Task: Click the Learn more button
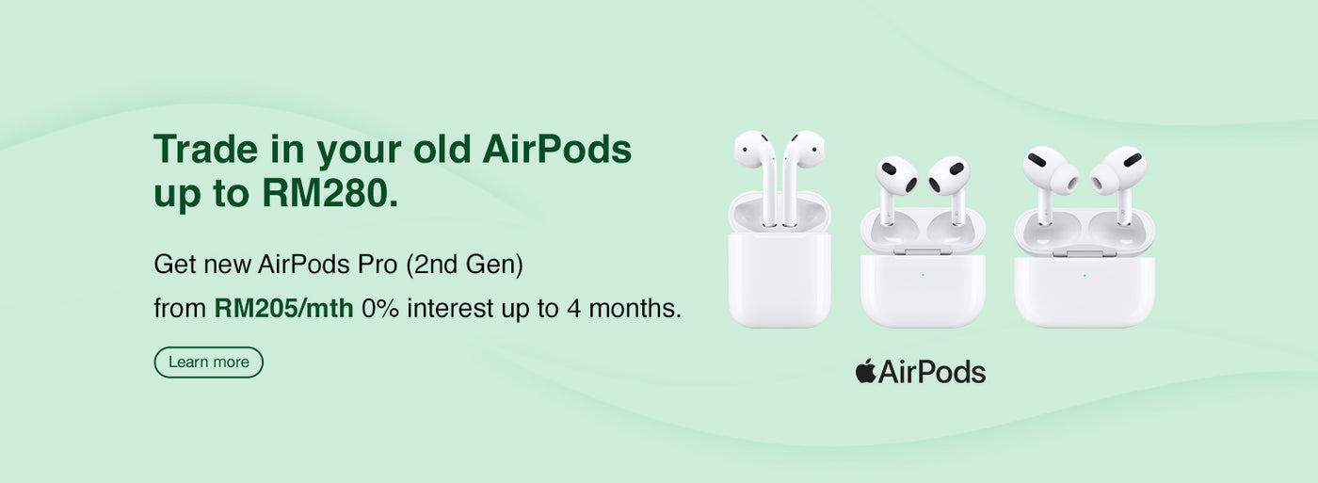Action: [x=208, y=362]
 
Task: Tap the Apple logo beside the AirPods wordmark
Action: [x=865, y=371]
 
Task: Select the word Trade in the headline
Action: [x=205, y=149]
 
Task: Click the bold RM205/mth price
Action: [x=283, y=308]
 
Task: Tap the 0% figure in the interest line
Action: [x=380, y=308]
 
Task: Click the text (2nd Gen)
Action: [x=464, y=265]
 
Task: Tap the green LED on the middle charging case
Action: [x=923, y=275]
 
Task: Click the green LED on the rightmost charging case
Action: [x=1085, y=275]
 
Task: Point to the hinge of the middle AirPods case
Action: [x=923, y=251]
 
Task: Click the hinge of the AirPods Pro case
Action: [x=1085, y=253]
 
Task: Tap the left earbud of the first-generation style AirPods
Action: [x=757, y=176]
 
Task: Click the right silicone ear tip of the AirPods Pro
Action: [x=1103, y=179]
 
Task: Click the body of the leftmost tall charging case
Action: [x=780, y=280]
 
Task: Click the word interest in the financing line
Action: [x=450, y=308]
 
